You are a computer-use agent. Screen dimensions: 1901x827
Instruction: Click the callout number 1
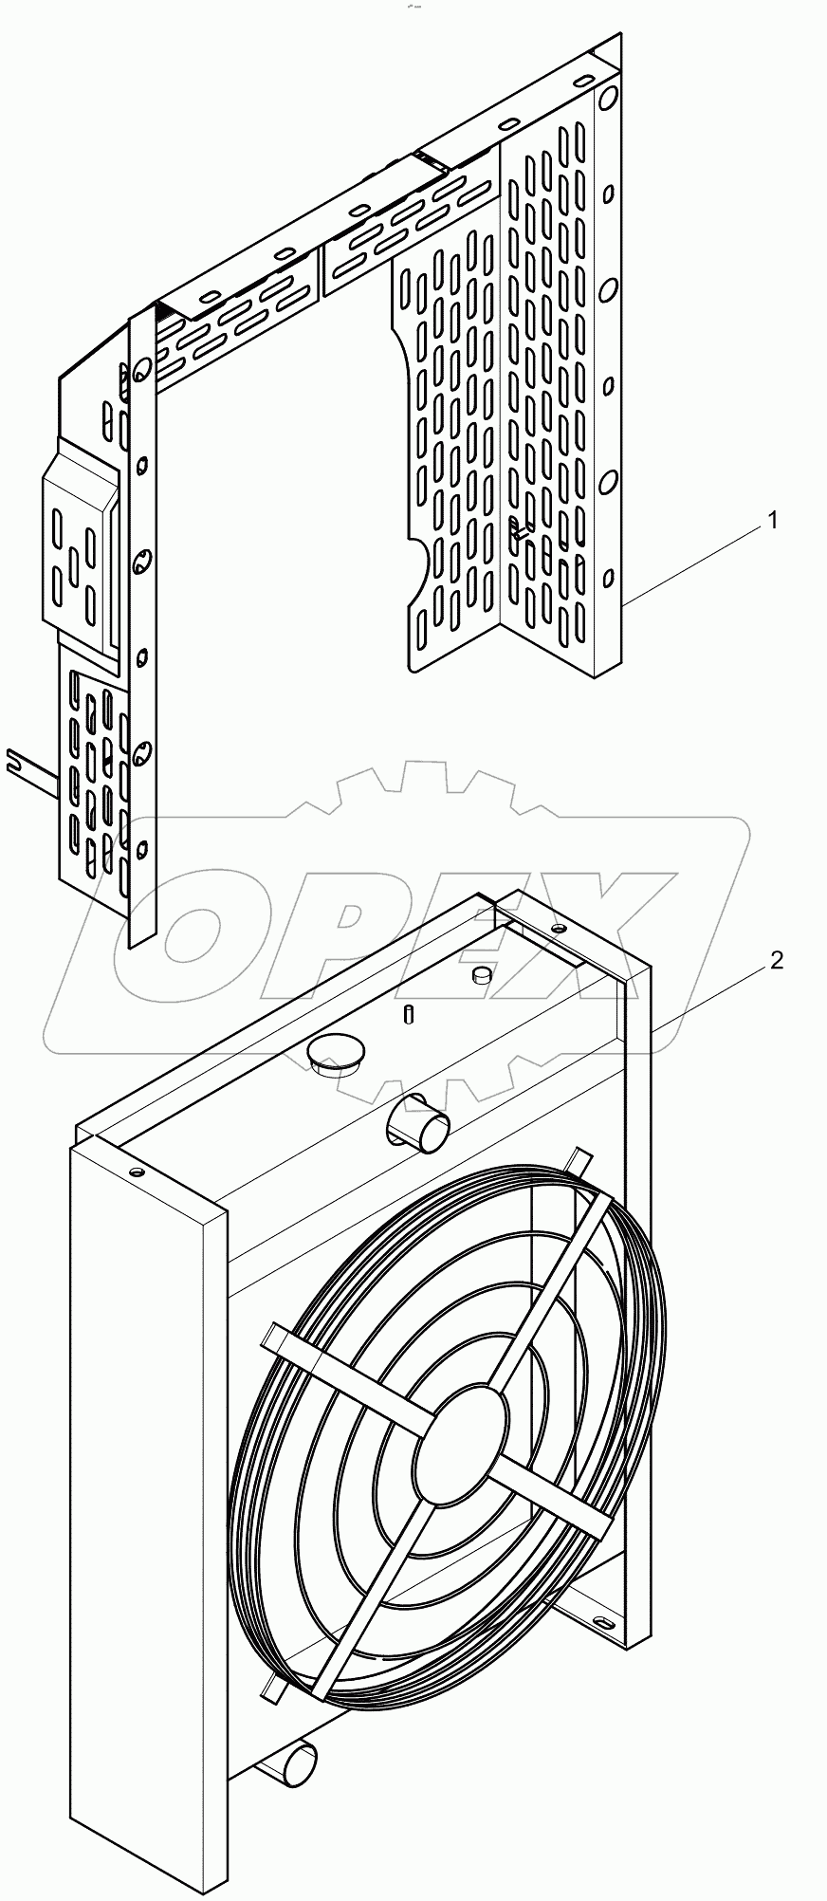pyautogui.click(x=773, y=521)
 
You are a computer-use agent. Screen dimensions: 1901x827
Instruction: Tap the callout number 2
pyautogui.click(x=776, y=962)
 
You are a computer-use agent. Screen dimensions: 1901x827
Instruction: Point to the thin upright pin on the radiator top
pyautogui.click(x=409, y=1013)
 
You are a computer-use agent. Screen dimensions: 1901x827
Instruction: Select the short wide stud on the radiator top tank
pyautogui.click(x=482, y=974)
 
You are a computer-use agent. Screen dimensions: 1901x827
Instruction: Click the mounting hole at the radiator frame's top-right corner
pyautogui.click(x=559, y=927)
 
